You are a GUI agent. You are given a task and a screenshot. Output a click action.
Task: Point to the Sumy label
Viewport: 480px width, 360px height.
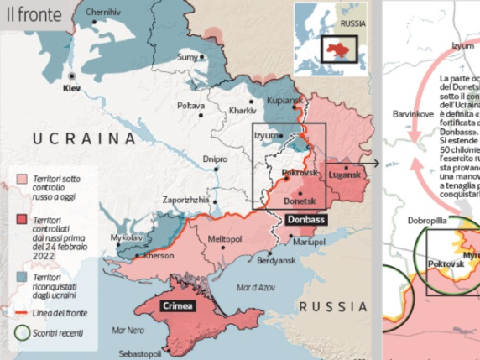(187, 57)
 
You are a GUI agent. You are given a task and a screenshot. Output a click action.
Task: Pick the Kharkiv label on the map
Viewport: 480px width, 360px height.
(243, 111)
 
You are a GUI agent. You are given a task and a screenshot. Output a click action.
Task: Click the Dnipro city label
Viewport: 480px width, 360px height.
(215, 159)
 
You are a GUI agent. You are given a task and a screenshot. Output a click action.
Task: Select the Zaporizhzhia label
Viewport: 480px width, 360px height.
(185, 201)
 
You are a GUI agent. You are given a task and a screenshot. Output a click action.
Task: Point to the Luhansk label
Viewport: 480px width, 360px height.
(345, 175)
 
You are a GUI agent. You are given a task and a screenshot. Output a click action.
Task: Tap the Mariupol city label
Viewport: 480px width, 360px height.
(310, 242)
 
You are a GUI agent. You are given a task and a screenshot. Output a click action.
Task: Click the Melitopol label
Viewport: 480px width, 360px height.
(224, 239)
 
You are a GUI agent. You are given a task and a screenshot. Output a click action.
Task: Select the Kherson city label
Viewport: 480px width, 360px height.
(159, 256)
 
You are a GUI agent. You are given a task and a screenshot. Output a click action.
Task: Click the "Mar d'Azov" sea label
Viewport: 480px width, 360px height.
(256, 288)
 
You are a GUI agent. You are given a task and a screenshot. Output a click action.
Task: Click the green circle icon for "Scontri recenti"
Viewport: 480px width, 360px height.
(23, 331)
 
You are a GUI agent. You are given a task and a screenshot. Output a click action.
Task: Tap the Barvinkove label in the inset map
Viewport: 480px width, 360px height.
(413, 113)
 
